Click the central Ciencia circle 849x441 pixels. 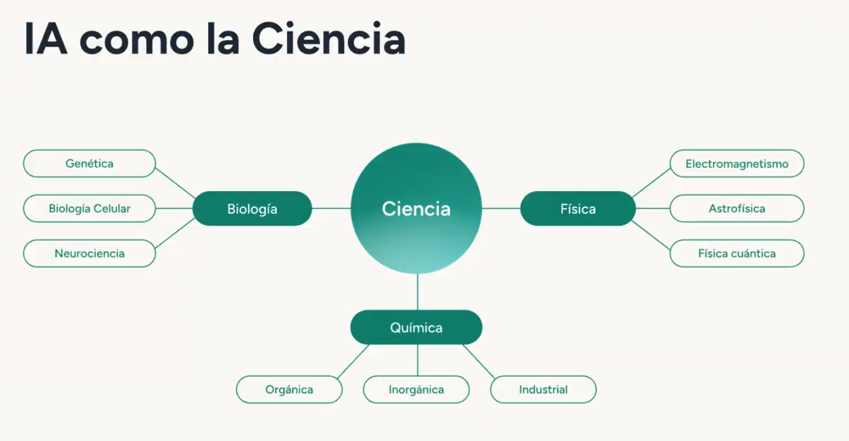(416, 208)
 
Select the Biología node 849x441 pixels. (252, 209)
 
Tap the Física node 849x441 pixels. (578, 209)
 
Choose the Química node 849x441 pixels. (416, 327)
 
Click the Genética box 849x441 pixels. (89, 164)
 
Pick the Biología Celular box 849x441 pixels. (89, 209)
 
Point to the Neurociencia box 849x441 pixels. (89, 254)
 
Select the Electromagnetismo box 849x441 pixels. (736, 164)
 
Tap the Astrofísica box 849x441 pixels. (736, 209)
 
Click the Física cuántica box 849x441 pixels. (736, 254)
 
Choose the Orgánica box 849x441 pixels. (289, 390)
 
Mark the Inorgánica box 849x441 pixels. (416, 390)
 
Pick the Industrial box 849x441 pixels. (543, 390)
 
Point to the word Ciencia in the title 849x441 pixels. (329, 39)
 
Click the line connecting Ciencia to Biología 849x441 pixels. (331, 209)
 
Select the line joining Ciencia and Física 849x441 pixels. (501, 209)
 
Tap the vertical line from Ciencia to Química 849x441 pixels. (417, 292)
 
